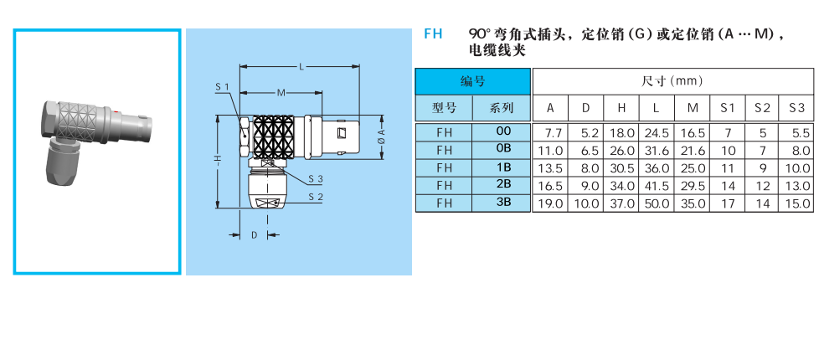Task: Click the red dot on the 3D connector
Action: coord(116,111)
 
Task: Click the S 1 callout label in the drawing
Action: coord(222,87)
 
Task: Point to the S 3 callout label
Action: coord(316,178)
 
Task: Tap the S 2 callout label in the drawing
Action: coord(316,197)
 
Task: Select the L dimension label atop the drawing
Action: coord(301,67)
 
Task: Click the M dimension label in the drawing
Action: coord(281,93)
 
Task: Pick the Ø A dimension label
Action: coord(382,136)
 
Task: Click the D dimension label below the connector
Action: coord(255,235)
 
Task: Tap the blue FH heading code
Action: coord(433,34)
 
